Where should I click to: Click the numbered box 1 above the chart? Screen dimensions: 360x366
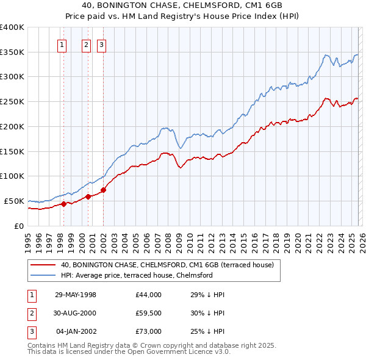click(63, 44)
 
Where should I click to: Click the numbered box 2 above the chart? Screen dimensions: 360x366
click(86, 44)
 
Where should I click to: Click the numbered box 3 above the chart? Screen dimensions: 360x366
click(101, 44)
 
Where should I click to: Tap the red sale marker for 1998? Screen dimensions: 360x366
click(63, 204)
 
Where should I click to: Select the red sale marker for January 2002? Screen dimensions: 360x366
click(103, 190)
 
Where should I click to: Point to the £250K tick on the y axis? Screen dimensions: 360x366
click(12, 101)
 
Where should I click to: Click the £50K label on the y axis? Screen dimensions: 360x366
click(15, 201)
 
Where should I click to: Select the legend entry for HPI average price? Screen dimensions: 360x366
click(136, 275)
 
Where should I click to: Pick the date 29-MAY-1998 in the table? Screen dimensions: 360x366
click(76, 295)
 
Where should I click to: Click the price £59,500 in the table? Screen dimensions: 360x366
click(149, 313)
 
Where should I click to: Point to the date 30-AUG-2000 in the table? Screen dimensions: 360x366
click(76, 313)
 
